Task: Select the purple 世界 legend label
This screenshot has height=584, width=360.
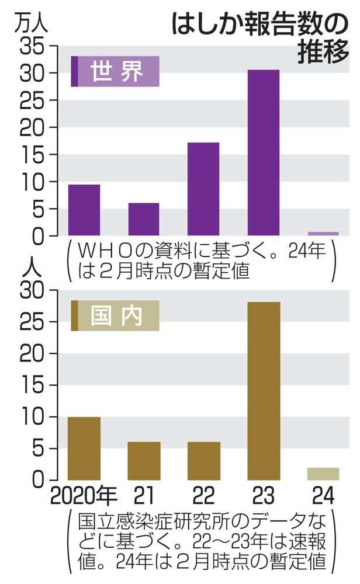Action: click(x=115, y=71)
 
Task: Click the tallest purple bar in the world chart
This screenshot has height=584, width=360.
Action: click(x=263, y=152)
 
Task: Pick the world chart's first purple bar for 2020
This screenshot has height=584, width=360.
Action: click(x=84, y=210)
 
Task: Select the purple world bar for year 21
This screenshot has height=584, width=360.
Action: click(x=144, y=219)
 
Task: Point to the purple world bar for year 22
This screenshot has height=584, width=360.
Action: click(x=203, y=189)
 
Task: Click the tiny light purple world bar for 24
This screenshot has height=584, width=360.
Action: click(x=323, y=234)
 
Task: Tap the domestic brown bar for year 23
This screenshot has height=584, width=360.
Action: click(x=263, y=391)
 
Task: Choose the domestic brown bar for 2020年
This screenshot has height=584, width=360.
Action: click(x=84, y=448)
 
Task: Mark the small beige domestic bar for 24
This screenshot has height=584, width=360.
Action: click(x=323, y=474)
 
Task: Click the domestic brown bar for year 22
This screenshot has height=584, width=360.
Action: click(x=203, y=461)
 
